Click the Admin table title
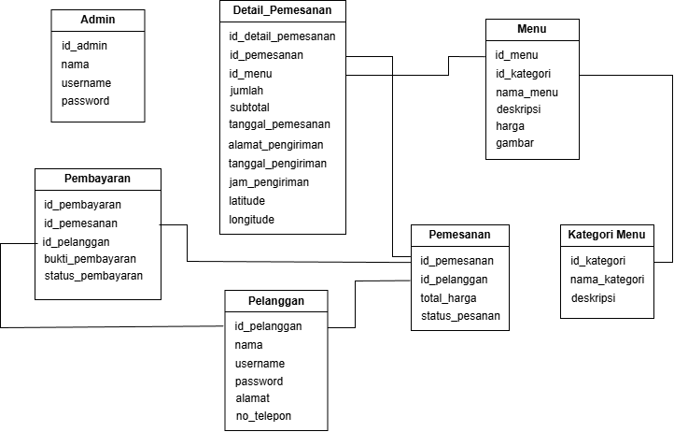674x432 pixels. (98, 20)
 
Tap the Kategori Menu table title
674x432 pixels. (606, 234)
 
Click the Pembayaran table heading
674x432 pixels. (97, 178)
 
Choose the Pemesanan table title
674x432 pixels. (460, 235)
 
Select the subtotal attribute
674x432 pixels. (249, 108)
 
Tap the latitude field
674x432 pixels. (246, 201)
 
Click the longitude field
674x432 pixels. (252, 220)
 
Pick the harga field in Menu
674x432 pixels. (510, 126)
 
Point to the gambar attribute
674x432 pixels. (514, 143)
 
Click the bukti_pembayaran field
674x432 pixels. (90, 259)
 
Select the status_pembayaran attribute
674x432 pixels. (93, 276)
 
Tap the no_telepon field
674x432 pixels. (264, 415)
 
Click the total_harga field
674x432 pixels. (448, 297)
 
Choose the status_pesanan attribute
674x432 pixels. (459, 316)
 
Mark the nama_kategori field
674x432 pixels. (607, 280)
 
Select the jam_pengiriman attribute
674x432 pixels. (269, 182)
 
